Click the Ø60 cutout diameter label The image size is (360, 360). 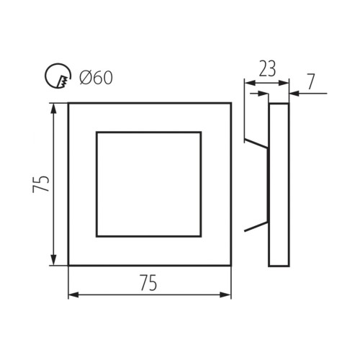coord(96,78)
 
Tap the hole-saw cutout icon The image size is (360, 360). coord(58,76)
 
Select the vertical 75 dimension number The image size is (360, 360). coord(41,184)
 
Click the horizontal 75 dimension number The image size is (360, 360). coord(148,282)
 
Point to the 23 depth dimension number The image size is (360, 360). coord(267,69)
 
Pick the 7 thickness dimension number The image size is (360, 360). coord(310,81)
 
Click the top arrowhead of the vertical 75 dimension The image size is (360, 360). coord(54,109)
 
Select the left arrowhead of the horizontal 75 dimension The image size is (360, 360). coord(74,294)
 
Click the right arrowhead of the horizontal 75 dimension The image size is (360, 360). coord(225,294)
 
